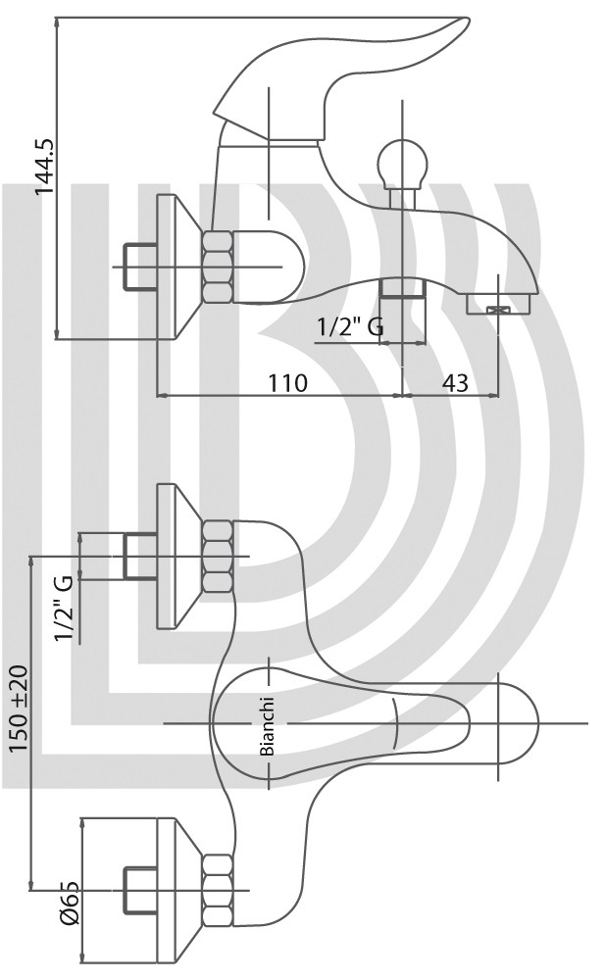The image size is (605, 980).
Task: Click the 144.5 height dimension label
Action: pos(46,167)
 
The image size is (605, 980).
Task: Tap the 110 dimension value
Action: pos(288,382)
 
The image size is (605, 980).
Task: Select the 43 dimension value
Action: pos(457,382)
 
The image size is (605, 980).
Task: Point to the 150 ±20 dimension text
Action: pos(19,709)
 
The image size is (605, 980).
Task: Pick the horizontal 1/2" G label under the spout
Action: pos(350,326)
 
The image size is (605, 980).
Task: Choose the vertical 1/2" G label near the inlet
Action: pos(64,609)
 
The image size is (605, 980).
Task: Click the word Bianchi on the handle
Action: pos(268,725)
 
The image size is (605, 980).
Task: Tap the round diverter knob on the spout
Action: pos(404,163)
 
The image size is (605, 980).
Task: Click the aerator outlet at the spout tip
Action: pos(498,305)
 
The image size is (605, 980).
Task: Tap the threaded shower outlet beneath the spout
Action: pos(403,289)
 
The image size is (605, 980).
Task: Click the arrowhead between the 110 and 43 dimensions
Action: pos(402,395)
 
